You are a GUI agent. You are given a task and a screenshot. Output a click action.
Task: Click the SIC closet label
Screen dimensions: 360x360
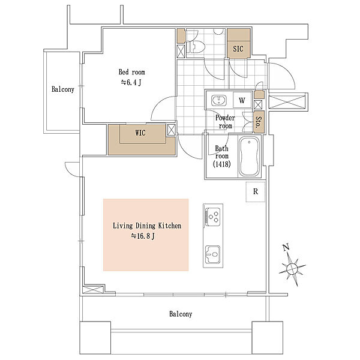pos(238,49)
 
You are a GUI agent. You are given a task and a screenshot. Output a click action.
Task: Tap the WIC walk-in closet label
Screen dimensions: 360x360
pos(140,133)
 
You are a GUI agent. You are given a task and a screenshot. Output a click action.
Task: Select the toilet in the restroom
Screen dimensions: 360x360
pos(195,46)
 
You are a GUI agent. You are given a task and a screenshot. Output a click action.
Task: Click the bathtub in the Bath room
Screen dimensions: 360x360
pos(249,157)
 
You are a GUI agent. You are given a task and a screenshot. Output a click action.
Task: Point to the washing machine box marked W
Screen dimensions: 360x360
pos(242,100)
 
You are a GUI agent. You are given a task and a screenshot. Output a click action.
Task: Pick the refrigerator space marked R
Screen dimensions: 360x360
pos(256,192)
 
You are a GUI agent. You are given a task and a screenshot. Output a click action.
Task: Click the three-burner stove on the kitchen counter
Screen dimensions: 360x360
pos(212,217)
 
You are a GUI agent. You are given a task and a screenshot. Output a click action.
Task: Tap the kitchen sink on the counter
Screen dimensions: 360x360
pos(212,254)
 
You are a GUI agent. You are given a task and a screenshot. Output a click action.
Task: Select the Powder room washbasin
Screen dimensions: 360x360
pos(219,101)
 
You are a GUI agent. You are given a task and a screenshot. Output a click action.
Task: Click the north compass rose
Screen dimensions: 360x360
pos(292,268)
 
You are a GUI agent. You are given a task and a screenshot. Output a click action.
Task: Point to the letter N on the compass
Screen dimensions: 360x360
pos(286,247)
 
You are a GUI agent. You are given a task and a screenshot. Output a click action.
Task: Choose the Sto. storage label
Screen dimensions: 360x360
pos(259,122)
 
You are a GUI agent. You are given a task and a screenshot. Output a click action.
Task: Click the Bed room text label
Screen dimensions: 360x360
pos(132,72)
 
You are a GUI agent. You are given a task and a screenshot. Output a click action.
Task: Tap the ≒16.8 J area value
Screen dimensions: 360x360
pos(143,236)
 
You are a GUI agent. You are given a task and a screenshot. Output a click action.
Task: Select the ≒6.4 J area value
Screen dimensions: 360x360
pos(131,82)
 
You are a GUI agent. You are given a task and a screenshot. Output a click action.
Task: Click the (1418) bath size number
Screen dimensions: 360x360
pos(222,164)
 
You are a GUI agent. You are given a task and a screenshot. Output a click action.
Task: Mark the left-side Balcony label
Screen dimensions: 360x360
pos(63,89)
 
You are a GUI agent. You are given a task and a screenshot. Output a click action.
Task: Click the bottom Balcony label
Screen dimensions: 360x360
pos(181,314)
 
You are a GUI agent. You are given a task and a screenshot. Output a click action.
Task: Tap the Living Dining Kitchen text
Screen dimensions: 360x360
pos(147,226)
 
